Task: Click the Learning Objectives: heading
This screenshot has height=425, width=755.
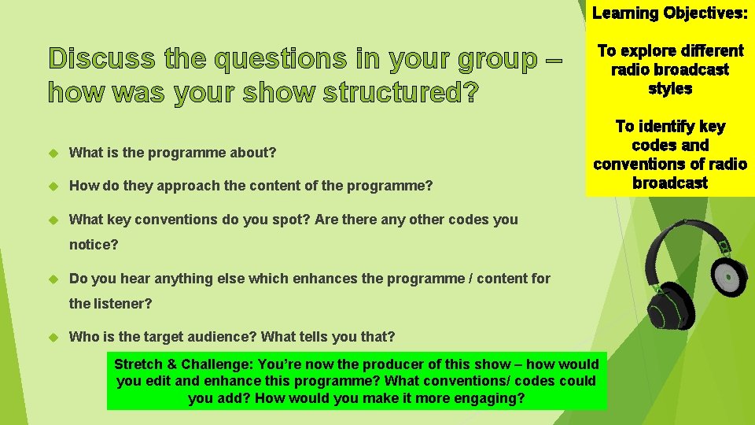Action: pos(670,13)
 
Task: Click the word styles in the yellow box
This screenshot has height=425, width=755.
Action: pos(670,89)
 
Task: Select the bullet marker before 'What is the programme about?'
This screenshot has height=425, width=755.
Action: pos(54,153)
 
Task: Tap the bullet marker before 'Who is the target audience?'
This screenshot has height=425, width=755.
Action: pos(54,337)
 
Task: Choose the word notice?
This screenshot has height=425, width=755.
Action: pos(94,245)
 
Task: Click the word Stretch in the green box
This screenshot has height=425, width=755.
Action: pos(139,364)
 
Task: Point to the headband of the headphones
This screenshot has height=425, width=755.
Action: pos(678,229)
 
